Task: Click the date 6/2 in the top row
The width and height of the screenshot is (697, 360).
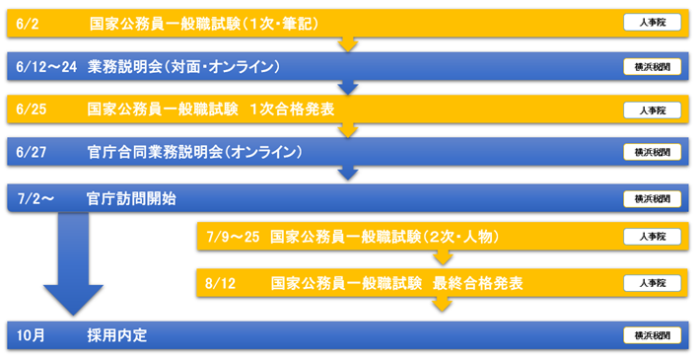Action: (28, 22)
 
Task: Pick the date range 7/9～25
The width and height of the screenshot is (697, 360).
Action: (234, 237)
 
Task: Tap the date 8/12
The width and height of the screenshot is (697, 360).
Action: (222, 283)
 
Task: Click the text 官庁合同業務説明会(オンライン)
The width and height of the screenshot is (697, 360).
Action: (194, 153)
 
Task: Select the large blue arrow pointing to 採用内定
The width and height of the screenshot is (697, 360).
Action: (73, 266)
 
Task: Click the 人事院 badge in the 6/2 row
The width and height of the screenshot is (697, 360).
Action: (652, 23)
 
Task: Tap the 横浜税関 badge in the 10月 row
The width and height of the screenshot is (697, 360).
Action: (652, 335)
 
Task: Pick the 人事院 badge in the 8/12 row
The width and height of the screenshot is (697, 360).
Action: (652, 283)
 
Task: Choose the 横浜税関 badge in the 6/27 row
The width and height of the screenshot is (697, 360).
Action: (652, 153)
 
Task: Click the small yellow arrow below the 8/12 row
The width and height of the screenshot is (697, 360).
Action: (443, 305)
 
